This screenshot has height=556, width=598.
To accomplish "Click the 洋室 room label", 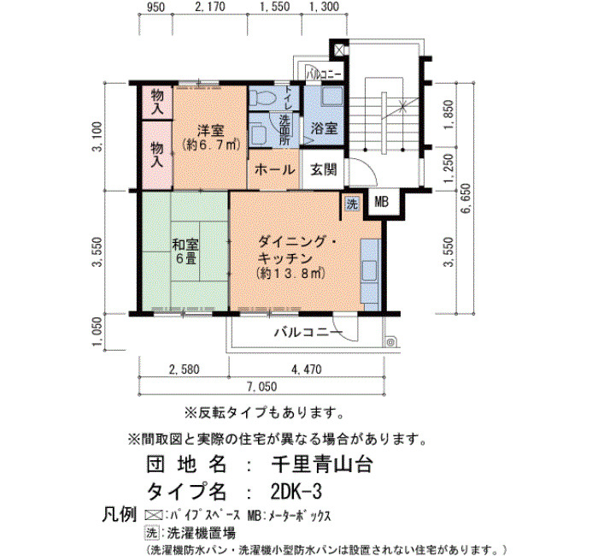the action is click(210, 131).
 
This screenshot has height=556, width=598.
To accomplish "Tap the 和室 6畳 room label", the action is click(185, 251).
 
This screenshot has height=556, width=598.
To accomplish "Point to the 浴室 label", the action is click(324, 128).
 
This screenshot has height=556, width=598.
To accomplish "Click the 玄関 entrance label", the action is click(324, 169).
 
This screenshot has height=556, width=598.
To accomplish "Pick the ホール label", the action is click(274, 169).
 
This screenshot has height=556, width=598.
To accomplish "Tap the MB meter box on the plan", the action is click(381, 202).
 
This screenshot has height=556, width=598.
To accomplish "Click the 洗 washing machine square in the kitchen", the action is click(352, 204).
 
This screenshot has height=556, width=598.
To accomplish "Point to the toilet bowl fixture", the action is click(262, 98).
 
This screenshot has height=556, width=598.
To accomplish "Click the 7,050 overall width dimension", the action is click(261, 387).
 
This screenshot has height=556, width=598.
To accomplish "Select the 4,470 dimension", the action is click(307, 370).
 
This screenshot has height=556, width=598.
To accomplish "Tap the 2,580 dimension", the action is click(185, 370).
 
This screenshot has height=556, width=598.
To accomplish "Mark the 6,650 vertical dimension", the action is click(466, 198).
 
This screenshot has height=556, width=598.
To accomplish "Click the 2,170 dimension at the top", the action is click(210, 7).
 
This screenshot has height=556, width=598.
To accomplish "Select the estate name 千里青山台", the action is click(321, 464).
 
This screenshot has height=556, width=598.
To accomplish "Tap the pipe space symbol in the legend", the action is click(153, 515).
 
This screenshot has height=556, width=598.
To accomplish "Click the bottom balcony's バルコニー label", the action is click(308, 332).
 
